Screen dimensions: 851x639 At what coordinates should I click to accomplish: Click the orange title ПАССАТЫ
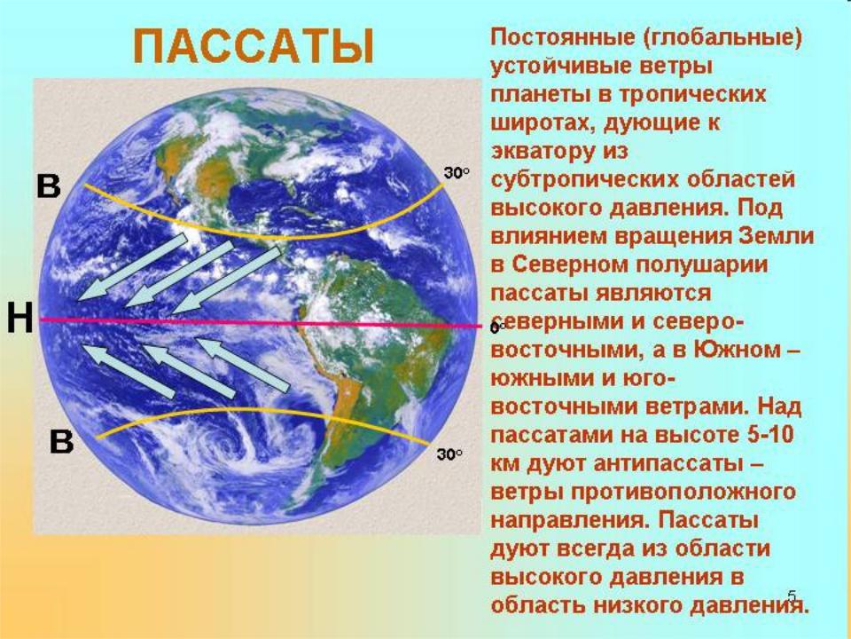(254, 47)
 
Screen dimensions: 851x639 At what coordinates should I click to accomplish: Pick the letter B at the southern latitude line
(61, 441)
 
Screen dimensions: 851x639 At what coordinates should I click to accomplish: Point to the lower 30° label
(450, 454)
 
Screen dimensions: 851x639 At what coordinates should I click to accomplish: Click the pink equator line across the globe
(262, 323)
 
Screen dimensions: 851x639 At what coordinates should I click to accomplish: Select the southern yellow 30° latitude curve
(261, 410)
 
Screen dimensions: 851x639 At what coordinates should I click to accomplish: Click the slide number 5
(792, 596)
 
